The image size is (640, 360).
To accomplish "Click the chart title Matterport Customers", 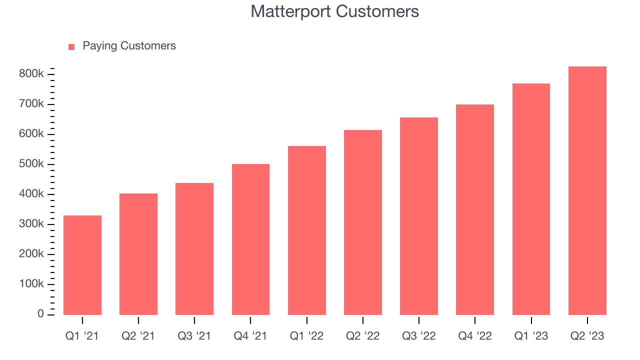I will coord(334,11).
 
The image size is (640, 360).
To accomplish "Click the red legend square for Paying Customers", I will coord(71,46).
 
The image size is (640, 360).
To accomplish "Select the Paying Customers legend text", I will coord(129,46).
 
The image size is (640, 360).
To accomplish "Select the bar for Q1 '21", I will coord(82,265).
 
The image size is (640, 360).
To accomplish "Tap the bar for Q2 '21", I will coord(138,254).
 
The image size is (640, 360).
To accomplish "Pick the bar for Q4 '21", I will coord(250,239).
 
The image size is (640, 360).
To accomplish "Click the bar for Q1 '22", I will coord(307,230).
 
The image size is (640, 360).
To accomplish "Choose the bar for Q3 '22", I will coord(419,216).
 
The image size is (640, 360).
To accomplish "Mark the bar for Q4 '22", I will coord(475,209).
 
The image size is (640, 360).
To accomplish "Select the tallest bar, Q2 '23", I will coord(587,190).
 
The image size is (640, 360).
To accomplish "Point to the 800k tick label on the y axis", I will coord(31,74).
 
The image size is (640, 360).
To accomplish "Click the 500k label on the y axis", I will coord(31,164).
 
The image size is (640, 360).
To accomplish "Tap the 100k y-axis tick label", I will coord(31,284).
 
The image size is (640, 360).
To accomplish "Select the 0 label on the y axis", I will coord(40,314).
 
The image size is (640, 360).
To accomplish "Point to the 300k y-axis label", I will coord(31,224).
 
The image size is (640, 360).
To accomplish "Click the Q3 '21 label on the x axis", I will coord(194,336).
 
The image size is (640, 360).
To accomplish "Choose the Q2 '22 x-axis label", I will coord(363,336).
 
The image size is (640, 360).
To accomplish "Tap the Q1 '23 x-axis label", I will coord(531,336).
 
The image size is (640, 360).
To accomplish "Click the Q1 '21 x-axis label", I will coord(82,336).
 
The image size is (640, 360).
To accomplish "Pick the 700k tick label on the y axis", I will coord(31,104).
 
